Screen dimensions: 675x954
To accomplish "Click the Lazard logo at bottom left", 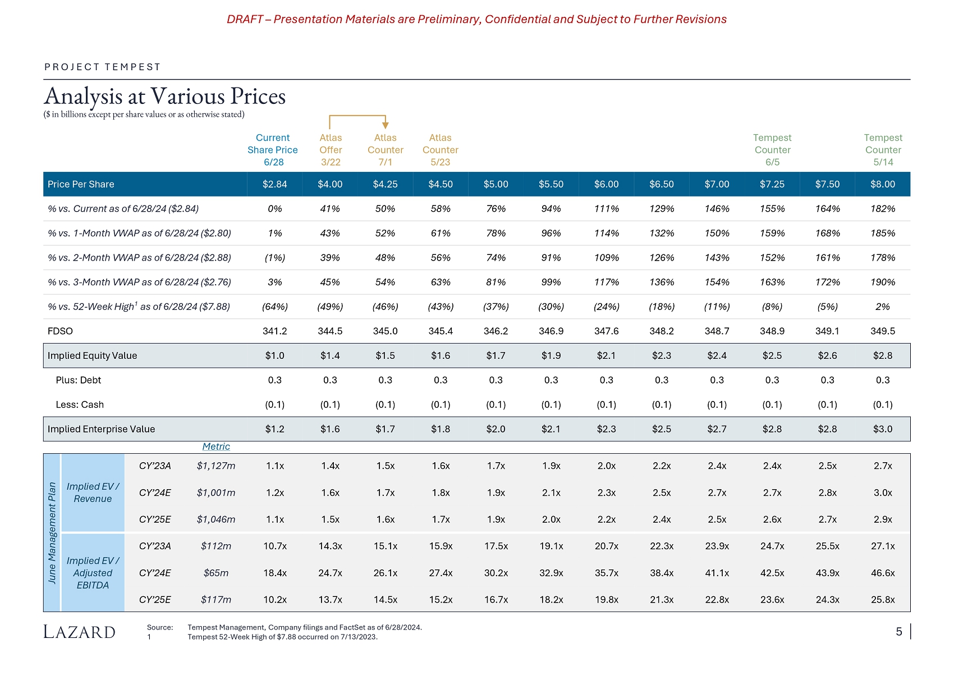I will coord(79,632).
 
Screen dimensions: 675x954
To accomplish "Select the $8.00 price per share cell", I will coord(883,184).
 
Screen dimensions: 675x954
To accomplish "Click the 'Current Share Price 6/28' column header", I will coord(273,150).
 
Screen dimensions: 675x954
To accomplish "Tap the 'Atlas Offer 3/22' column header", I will coord(331,150).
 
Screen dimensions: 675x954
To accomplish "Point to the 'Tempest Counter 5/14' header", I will coord(883,150).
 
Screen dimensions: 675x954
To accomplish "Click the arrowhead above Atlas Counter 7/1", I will coord(386,125).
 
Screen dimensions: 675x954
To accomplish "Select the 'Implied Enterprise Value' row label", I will coord(101,429).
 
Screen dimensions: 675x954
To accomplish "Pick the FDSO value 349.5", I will coord(883,331).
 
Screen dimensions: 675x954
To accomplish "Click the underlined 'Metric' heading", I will coord(216,446).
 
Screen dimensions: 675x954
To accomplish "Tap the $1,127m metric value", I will coord(216,466).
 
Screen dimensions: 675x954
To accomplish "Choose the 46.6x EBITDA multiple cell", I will coord(883,573).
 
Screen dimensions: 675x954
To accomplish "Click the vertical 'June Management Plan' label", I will coord(52,532).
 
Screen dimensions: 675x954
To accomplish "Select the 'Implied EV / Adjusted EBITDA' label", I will coord(93,573).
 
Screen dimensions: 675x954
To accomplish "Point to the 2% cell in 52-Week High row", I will coord(883,307).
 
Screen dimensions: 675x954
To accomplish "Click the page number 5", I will coord(898,632).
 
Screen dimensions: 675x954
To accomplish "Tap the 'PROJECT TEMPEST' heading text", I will coord(103,67).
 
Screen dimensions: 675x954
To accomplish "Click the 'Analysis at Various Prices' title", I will coord(165,97).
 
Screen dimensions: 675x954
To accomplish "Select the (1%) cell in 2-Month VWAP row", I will coord(275,258).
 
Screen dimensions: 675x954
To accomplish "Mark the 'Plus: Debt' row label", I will coord(79,380).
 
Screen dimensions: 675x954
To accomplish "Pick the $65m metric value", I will coord(216,573).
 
